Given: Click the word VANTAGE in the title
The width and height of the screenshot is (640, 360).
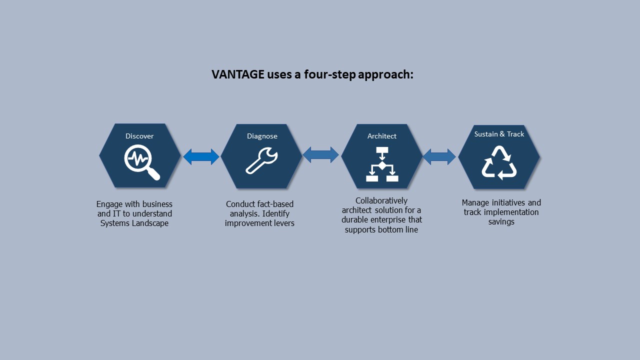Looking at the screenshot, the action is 237,74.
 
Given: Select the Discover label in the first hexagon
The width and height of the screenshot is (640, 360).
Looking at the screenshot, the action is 139,136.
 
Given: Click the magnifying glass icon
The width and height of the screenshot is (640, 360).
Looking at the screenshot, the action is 142,162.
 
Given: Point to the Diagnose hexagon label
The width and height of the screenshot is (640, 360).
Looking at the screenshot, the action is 262,136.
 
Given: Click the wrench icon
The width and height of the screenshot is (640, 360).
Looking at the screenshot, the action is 261,160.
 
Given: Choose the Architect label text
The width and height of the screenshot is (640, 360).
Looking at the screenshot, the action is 381,136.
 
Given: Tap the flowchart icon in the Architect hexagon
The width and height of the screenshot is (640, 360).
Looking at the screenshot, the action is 382,164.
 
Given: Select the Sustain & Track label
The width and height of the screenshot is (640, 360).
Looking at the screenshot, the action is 499,134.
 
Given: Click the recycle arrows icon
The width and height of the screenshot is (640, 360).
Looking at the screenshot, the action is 499,163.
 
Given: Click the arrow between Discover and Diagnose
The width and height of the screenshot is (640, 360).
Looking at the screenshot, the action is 201,156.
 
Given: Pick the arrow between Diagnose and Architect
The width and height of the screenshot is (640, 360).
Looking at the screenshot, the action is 320,155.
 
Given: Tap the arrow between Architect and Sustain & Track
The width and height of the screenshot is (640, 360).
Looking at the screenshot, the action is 439,157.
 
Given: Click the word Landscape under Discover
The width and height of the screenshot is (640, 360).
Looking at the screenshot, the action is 150,223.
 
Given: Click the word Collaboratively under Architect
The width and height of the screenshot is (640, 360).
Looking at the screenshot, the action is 381,201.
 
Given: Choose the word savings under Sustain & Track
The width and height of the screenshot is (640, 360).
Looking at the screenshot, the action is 501,222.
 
